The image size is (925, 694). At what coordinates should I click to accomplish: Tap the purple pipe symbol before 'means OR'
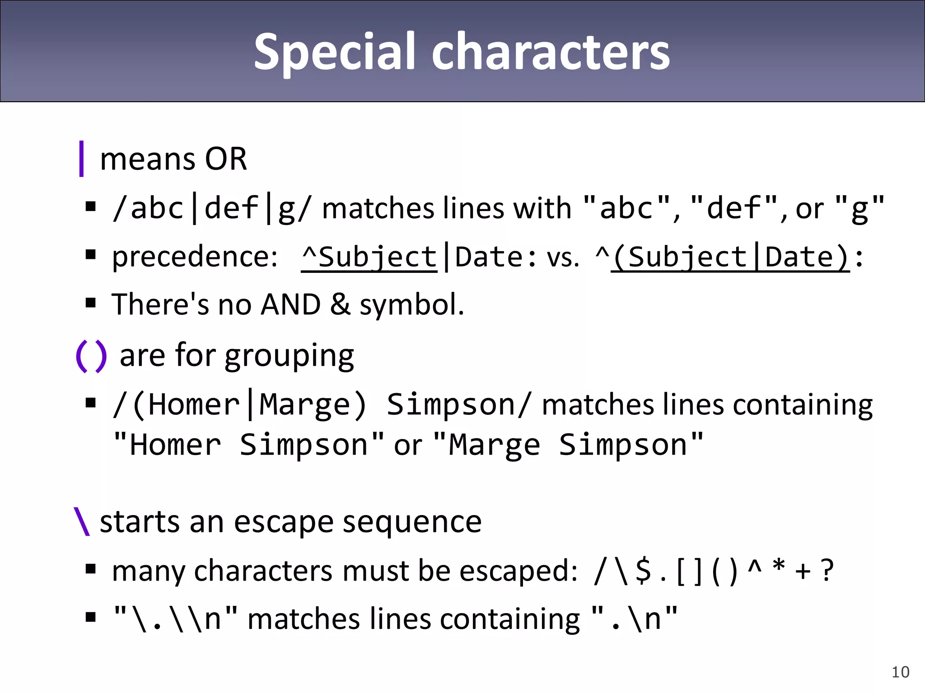[81, 159]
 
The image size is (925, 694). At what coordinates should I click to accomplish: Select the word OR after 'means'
[226, 159]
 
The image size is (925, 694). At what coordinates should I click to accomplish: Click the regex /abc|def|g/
[211, 208]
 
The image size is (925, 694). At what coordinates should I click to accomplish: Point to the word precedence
[194, 257]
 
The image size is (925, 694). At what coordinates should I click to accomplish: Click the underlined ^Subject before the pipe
[369, 258]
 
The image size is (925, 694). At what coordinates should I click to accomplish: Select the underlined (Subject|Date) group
[730, 258]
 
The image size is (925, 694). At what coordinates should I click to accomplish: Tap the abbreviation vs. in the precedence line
[563, 258]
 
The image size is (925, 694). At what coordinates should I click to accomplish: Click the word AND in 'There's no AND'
[291, 304]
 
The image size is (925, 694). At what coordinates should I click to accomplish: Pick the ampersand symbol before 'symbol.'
[340, 304]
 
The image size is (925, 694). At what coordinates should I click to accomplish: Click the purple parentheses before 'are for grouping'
[92, 356]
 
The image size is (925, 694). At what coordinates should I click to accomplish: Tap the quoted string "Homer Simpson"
[248, 445]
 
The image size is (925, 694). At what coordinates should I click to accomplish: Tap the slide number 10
[900, 672]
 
